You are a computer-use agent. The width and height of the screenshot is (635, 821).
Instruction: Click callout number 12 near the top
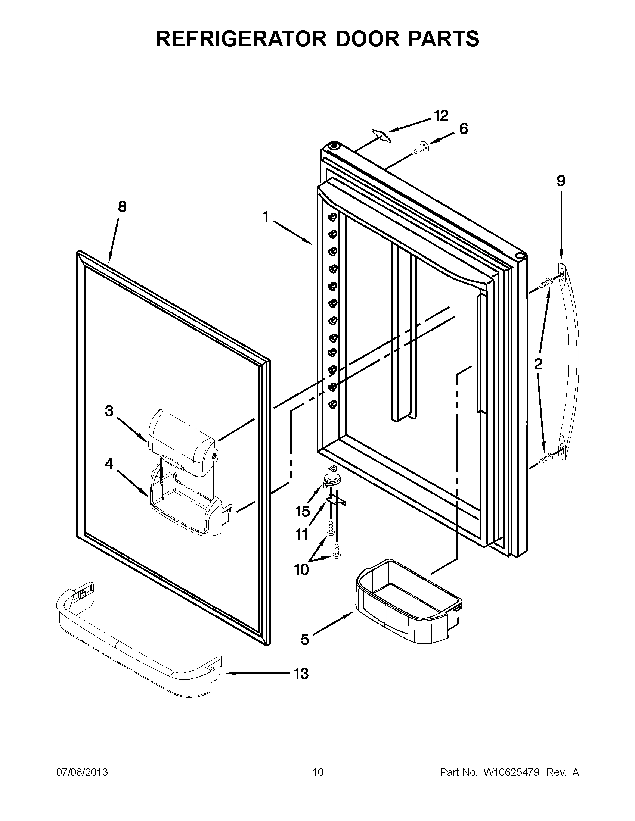(x=441, y=116)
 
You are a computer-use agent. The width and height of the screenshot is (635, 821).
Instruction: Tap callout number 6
(x=464, y=129)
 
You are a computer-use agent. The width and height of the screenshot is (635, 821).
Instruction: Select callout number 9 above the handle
(x=561, y=181)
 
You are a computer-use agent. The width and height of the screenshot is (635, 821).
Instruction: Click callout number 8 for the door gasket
(x=122, y=207)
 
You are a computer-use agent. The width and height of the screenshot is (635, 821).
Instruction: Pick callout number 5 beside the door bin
(x=305, y=639)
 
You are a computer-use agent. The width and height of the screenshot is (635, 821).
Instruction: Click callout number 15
(x=303, y=511)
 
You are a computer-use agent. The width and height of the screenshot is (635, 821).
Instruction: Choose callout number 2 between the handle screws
(x=538, y=364)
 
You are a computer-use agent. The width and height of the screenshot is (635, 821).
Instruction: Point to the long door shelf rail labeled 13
(x=136, y=654)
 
